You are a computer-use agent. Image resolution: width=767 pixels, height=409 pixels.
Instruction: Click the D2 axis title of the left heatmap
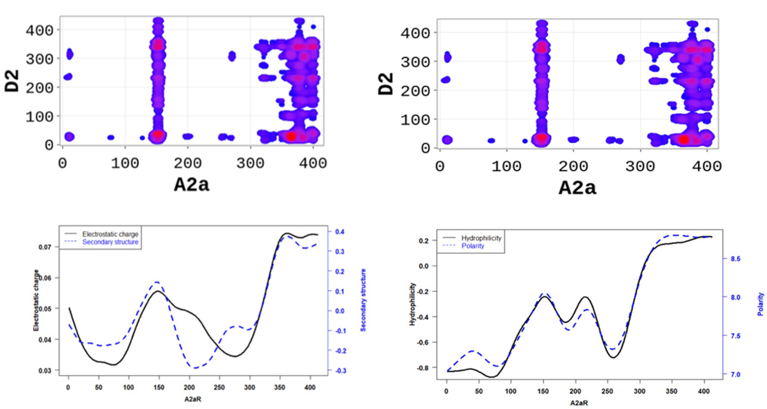click(x=12, y=81)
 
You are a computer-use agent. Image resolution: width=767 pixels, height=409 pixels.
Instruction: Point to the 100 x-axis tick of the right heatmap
click(x=506, y=166)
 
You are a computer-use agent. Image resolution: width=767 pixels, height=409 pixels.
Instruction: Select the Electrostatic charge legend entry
click(x=110, y=234)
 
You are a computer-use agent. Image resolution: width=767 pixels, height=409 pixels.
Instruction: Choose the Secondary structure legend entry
click(x=110, y=242)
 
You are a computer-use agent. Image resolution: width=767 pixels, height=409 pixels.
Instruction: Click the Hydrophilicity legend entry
click(x=481, y=238)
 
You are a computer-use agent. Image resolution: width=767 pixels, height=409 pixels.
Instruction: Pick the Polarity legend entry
click(x=473, y=246)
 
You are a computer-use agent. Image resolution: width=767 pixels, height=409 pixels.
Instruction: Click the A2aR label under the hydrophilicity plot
click(x=579, y=403)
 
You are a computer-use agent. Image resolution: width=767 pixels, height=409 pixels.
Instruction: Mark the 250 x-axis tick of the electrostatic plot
click(x=219, y=387)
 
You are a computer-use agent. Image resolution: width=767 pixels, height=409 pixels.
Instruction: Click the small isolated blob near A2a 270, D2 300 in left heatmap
click(x=232, y=56)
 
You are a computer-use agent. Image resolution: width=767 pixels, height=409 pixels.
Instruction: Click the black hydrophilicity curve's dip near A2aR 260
click(x=614, y=357)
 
